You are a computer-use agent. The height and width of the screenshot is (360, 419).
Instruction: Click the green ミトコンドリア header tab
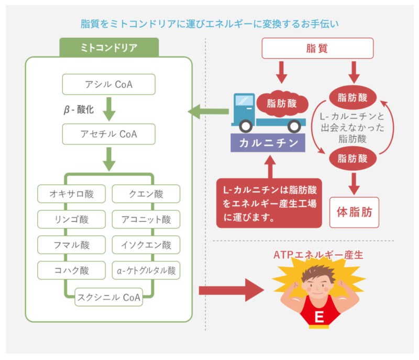coord(109,48)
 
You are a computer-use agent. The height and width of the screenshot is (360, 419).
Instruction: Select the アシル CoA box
coord(109,84)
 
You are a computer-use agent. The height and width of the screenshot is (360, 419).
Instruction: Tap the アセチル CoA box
coord(109,134)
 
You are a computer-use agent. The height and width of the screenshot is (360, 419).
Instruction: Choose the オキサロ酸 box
coord(72,194)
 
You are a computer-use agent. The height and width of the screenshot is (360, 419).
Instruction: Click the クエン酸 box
coord(146,194)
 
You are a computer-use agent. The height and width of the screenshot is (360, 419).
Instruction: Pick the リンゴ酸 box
coord(72,219)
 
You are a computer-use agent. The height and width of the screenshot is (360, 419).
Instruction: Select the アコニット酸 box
coord(146,219)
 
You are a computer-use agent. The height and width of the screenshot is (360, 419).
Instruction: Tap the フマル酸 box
coord(72,245)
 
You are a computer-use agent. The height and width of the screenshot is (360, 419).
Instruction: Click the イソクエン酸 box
coord(146,245)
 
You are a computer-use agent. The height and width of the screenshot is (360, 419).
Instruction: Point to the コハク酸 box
coord(72,270)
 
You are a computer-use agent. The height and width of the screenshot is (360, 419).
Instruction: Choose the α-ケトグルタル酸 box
coord(146,270)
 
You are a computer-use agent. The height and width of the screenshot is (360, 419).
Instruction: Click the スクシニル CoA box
coord(109,297)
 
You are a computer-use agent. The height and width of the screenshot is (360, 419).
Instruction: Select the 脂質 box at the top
coord(317,48)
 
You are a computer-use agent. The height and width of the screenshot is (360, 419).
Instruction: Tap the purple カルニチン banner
coord(269,143)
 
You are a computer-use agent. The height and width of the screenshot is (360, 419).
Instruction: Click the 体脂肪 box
coord(354,212)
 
